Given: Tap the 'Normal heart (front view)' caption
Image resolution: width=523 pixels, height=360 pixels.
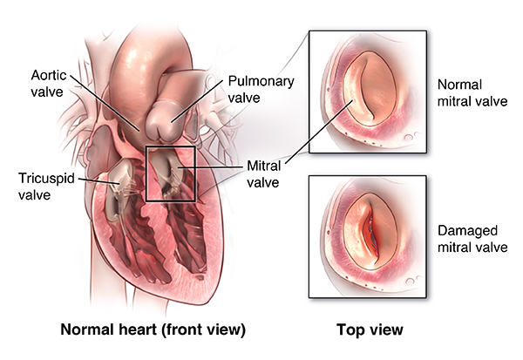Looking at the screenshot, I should (x=153, y=331).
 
